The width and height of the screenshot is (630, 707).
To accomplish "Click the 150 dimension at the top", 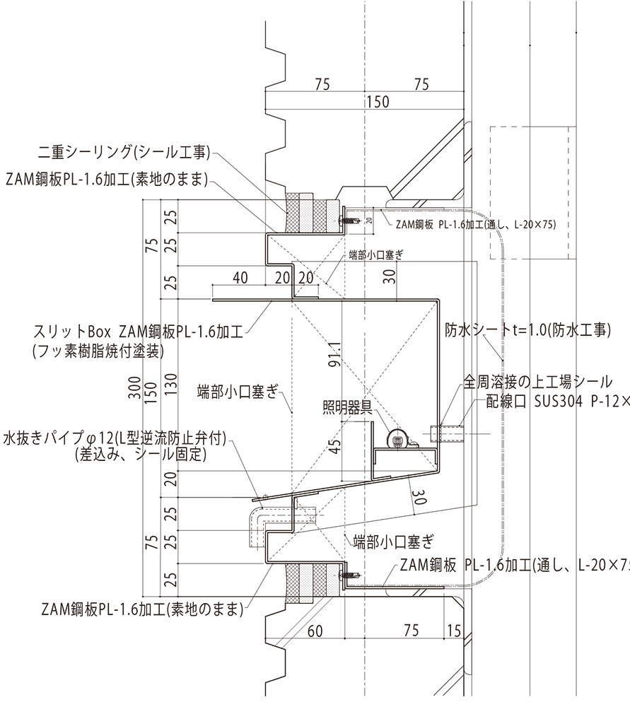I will (x=378, y=103).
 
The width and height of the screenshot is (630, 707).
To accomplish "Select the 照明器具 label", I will (x=346, y=406).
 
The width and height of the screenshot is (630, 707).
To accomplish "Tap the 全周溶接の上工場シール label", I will (x=538, y=382).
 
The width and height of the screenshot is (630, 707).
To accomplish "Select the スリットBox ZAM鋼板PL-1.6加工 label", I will (x=137, y=330).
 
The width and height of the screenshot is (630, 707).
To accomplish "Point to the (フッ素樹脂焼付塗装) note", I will (x=99, y=349).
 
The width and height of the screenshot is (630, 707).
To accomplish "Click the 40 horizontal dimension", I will (x=240, y=278).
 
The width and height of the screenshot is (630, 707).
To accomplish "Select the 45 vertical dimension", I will (x=334, y=447).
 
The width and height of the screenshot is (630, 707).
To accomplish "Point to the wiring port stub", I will (x=445, y=433).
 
